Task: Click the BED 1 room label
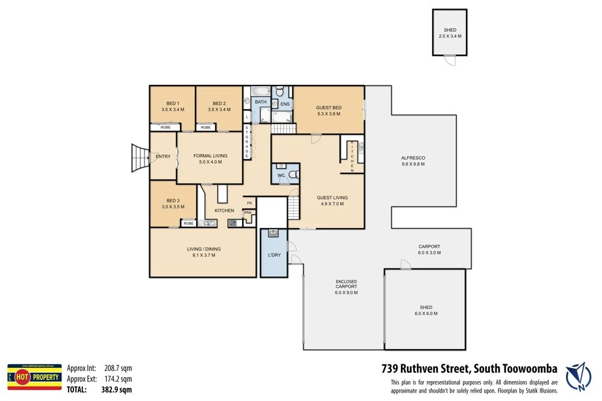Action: click(172, 104)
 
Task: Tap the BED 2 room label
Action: click(219, 104)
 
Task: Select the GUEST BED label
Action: click(328, 108)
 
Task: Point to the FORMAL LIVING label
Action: click(210, 156)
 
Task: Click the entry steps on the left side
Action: click(140, 159)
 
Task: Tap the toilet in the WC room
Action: click(293, 175)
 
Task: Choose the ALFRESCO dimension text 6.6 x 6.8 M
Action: click(413, 164)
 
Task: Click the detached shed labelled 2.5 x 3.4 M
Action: click(450, 33)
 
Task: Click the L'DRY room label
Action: click(274, 255)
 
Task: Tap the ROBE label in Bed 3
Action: click(188, 223)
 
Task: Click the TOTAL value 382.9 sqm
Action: click(117, 390)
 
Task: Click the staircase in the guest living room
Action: click(293, 208)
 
